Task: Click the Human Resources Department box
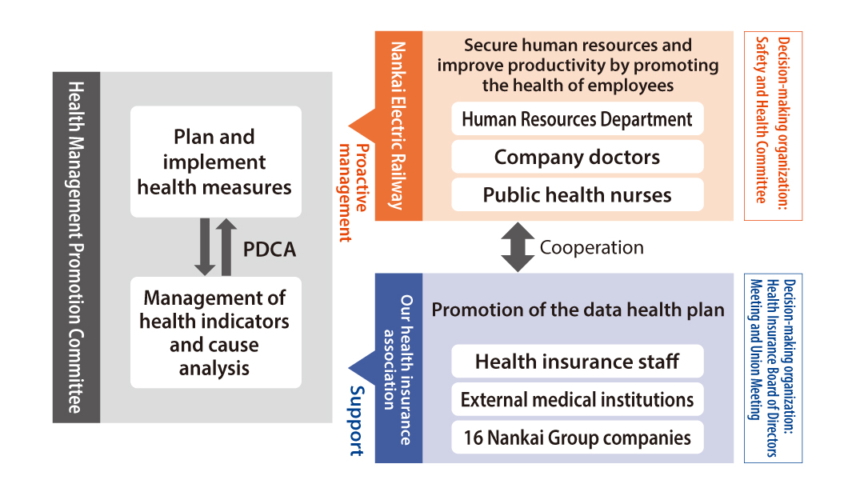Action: pos(577,118)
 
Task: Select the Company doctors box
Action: pos(577,157)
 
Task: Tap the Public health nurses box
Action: pos(577,194)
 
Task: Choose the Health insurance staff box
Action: pos(577,361)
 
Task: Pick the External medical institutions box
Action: pos(577,399)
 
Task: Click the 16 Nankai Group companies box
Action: pos(577,437)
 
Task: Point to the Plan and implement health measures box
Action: pos(216,162)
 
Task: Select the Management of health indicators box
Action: pos(216,332)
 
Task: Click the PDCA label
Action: pos(270,249)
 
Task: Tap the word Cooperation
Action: pos(592,247)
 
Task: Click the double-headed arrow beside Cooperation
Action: pos(518,247)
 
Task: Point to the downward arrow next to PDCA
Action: pos(205,247)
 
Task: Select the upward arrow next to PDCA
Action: pos(226,247)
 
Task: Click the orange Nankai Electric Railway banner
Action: pos(398,126)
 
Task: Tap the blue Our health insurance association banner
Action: pos(398,368)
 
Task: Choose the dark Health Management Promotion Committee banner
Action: pos(76,247)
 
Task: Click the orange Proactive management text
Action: pos(353,193)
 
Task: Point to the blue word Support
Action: pos(357,420)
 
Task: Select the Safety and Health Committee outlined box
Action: pos(773,126)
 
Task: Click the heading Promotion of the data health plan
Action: pos(578,310)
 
